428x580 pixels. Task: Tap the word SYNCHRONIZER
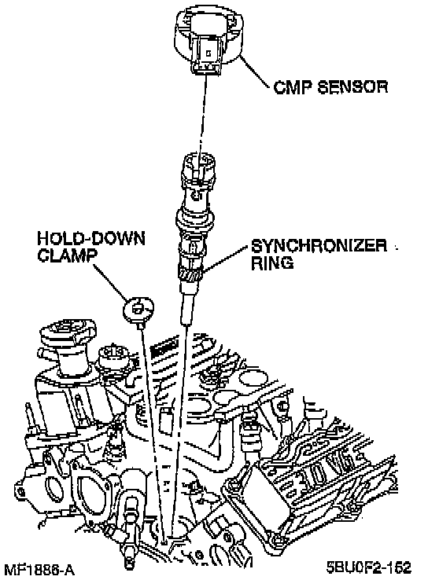point(319,246)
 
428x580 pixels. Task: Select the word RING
point(272,263)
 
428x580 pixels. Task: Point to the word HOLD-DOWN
point(91,238)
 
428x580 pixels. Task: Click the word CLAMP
point(66,255)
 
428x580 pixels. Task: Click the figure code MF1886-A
point(39,570)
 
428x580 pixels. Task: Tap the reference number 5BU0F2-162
point(368,567)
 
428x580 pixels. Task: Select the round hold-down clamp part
point(138,308)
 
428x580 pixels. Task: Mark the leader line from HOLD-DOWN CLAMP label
point(111,281)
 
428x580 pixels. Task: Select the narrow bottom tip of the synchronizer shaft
point(187,310)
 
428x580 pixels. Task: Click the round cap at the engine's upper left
point(68,330)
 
